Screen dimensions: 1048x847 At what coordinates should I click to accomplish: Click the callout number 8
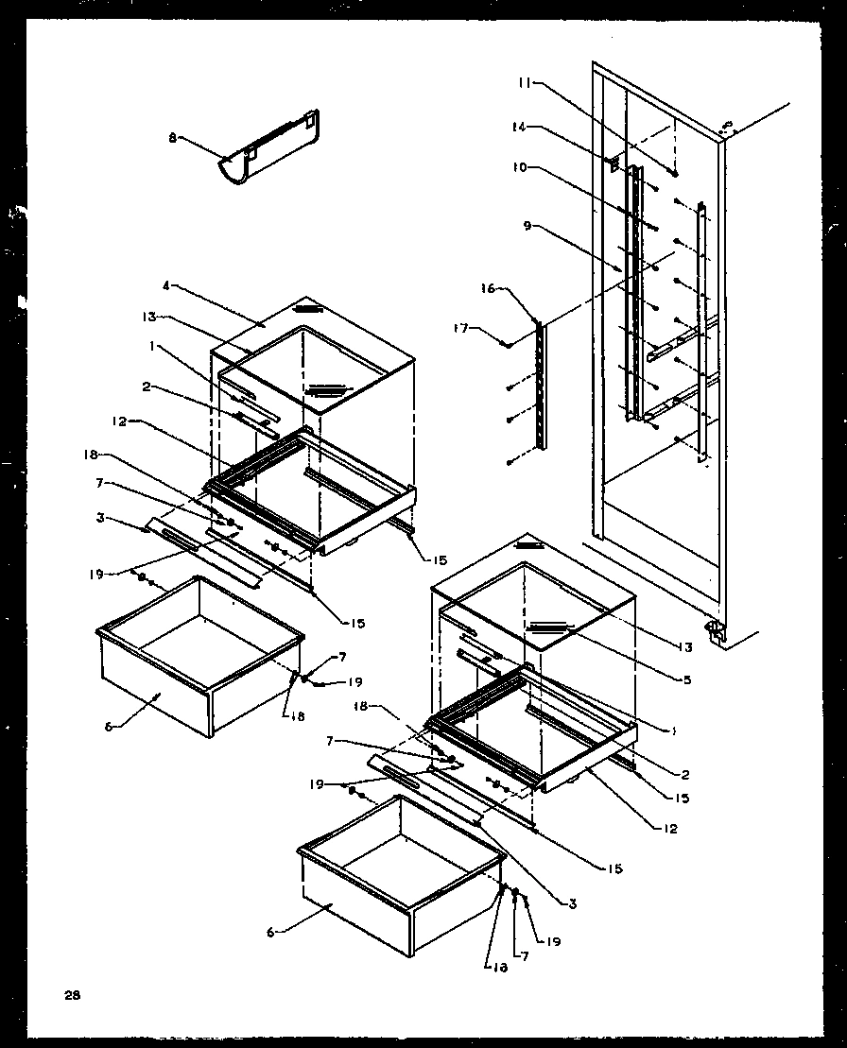(172, 138)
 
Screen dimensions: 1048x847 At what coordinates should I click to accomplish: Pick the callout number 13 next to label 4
(149, 317)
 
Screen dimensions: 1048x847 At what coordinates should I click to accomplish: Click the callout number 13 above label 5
(687, 647)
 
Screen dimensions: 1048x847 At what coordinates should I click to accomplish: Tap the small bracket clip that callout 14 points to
(615, 164)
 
